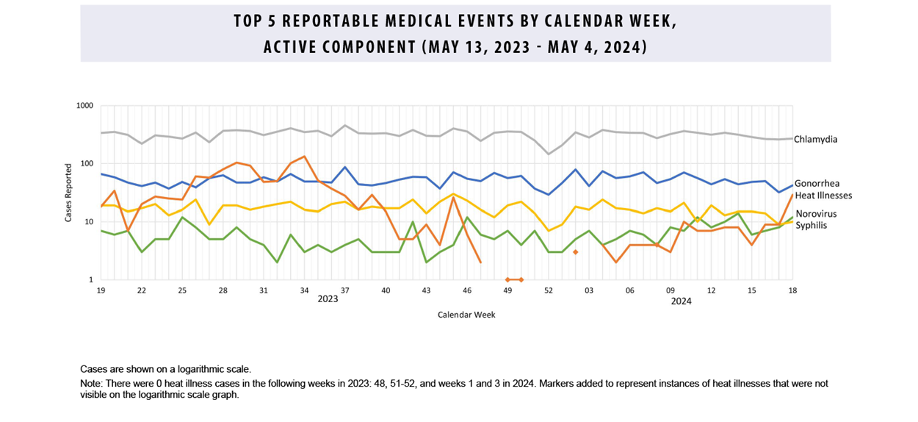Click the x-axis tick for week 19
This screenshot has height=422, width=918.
(101, 291)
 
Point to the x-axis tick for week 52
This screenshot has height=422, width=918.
(548, 291)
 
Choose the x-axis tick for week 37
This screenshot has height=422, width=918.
(344, 291)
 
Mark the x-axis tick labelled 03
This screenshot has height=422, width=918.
(589, 291)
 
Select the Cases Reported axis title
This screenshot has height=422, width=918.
(68, 193)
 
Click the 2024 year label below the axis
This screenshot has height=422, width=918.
(681, 301)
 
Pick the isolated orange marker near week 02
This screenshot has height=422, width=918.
(575, 252)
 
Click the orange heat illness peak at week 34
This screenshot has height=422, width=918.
(304, 157)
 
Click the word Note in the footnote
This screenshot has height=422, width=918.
(90, 384)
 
